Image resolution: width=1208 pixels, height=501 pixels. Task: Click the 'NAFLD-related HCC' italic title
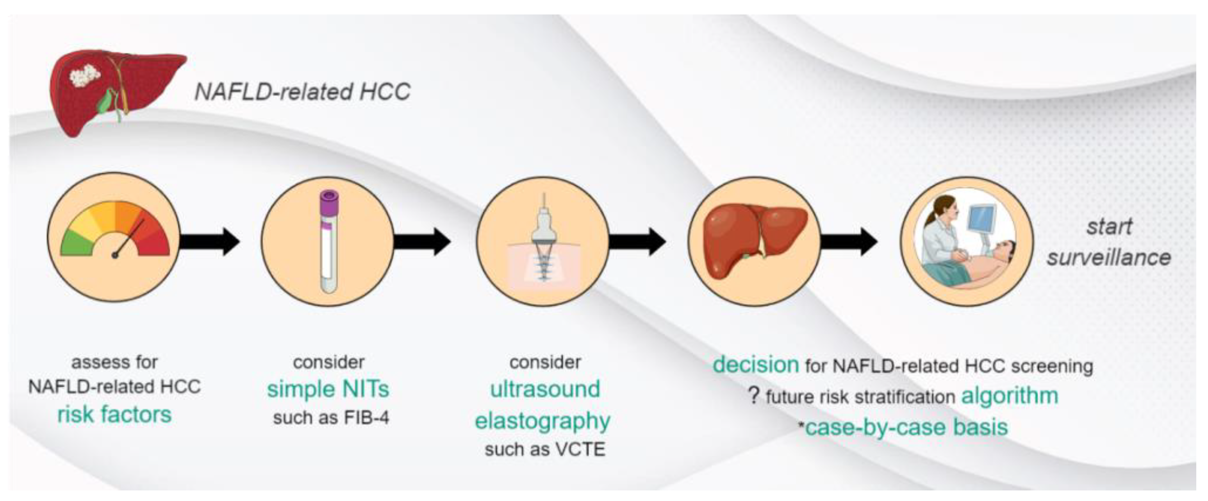[x=302, y=91]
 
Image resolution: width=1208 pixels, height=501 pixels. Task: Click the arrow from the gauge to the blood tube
[x=210, y=242]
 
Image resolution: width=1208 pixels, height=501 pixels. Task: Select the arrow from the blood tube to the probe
[x=422, y=242]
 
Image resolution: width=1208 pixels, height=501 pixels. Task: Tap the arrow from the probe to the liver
[x=637, y=242]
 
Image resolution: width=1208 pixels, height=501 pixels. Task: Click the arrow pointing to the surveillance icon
[x=849, y=242]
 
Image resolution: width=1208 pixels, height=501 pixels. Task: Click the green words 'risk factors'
[x=114, y=415]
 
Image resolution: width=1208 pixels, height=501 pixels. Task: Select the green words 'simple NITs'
[x=328, y=389]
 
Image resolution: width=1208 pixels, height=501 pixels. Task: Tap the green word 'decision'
[x=756, y=365]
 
